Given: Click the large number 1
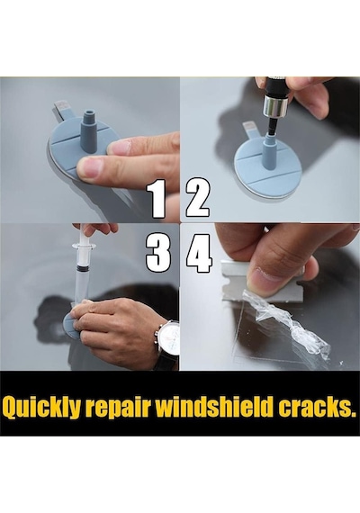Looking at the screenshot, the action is click(157, 199).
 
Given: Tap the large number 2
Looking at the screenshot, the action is click(198, 198).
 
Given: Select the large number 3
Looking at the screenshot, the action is click(157, 253).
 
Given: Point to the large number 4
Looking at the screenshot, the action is click(199, 253).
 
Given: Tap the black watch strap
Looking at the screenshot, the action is click(166, 362).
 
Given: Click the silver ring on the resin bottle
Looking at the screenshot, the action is click(275, 105).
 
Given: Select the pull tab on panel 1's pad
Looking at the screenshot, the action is click(62, 111).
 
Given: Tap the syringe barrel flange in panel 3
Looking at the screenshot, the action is click(84, 246).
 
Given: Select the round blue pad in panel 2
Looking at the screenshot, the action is click(265, 174).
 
